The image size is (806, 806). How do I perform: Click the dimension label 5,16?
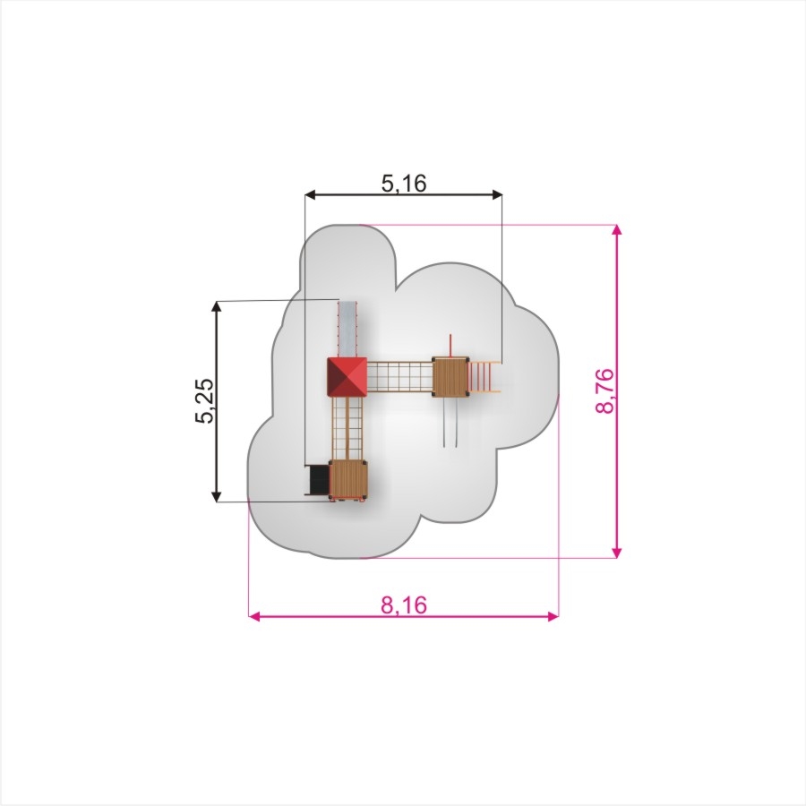[404, 183]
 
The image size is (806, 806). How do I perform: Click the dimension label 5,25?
[204, 401]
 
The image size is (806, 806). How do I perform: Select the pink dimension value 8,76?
[605, 390]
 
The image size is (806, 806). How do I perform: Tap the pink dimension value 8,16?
[404, 605]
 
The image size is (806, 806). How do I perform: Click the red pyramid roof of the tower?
[347, 377]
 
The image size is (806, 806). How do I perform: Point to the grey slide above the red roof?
[347, 329]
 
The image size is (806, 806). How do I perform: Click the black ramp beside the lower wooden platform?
[318, 480]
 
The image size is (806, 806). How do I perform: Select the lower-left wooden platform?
[348, 480]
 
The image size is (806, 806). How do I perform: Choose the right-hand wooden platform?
[450, 376]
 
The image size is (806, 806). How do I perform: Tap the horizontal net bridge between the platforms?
[399, 377]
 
